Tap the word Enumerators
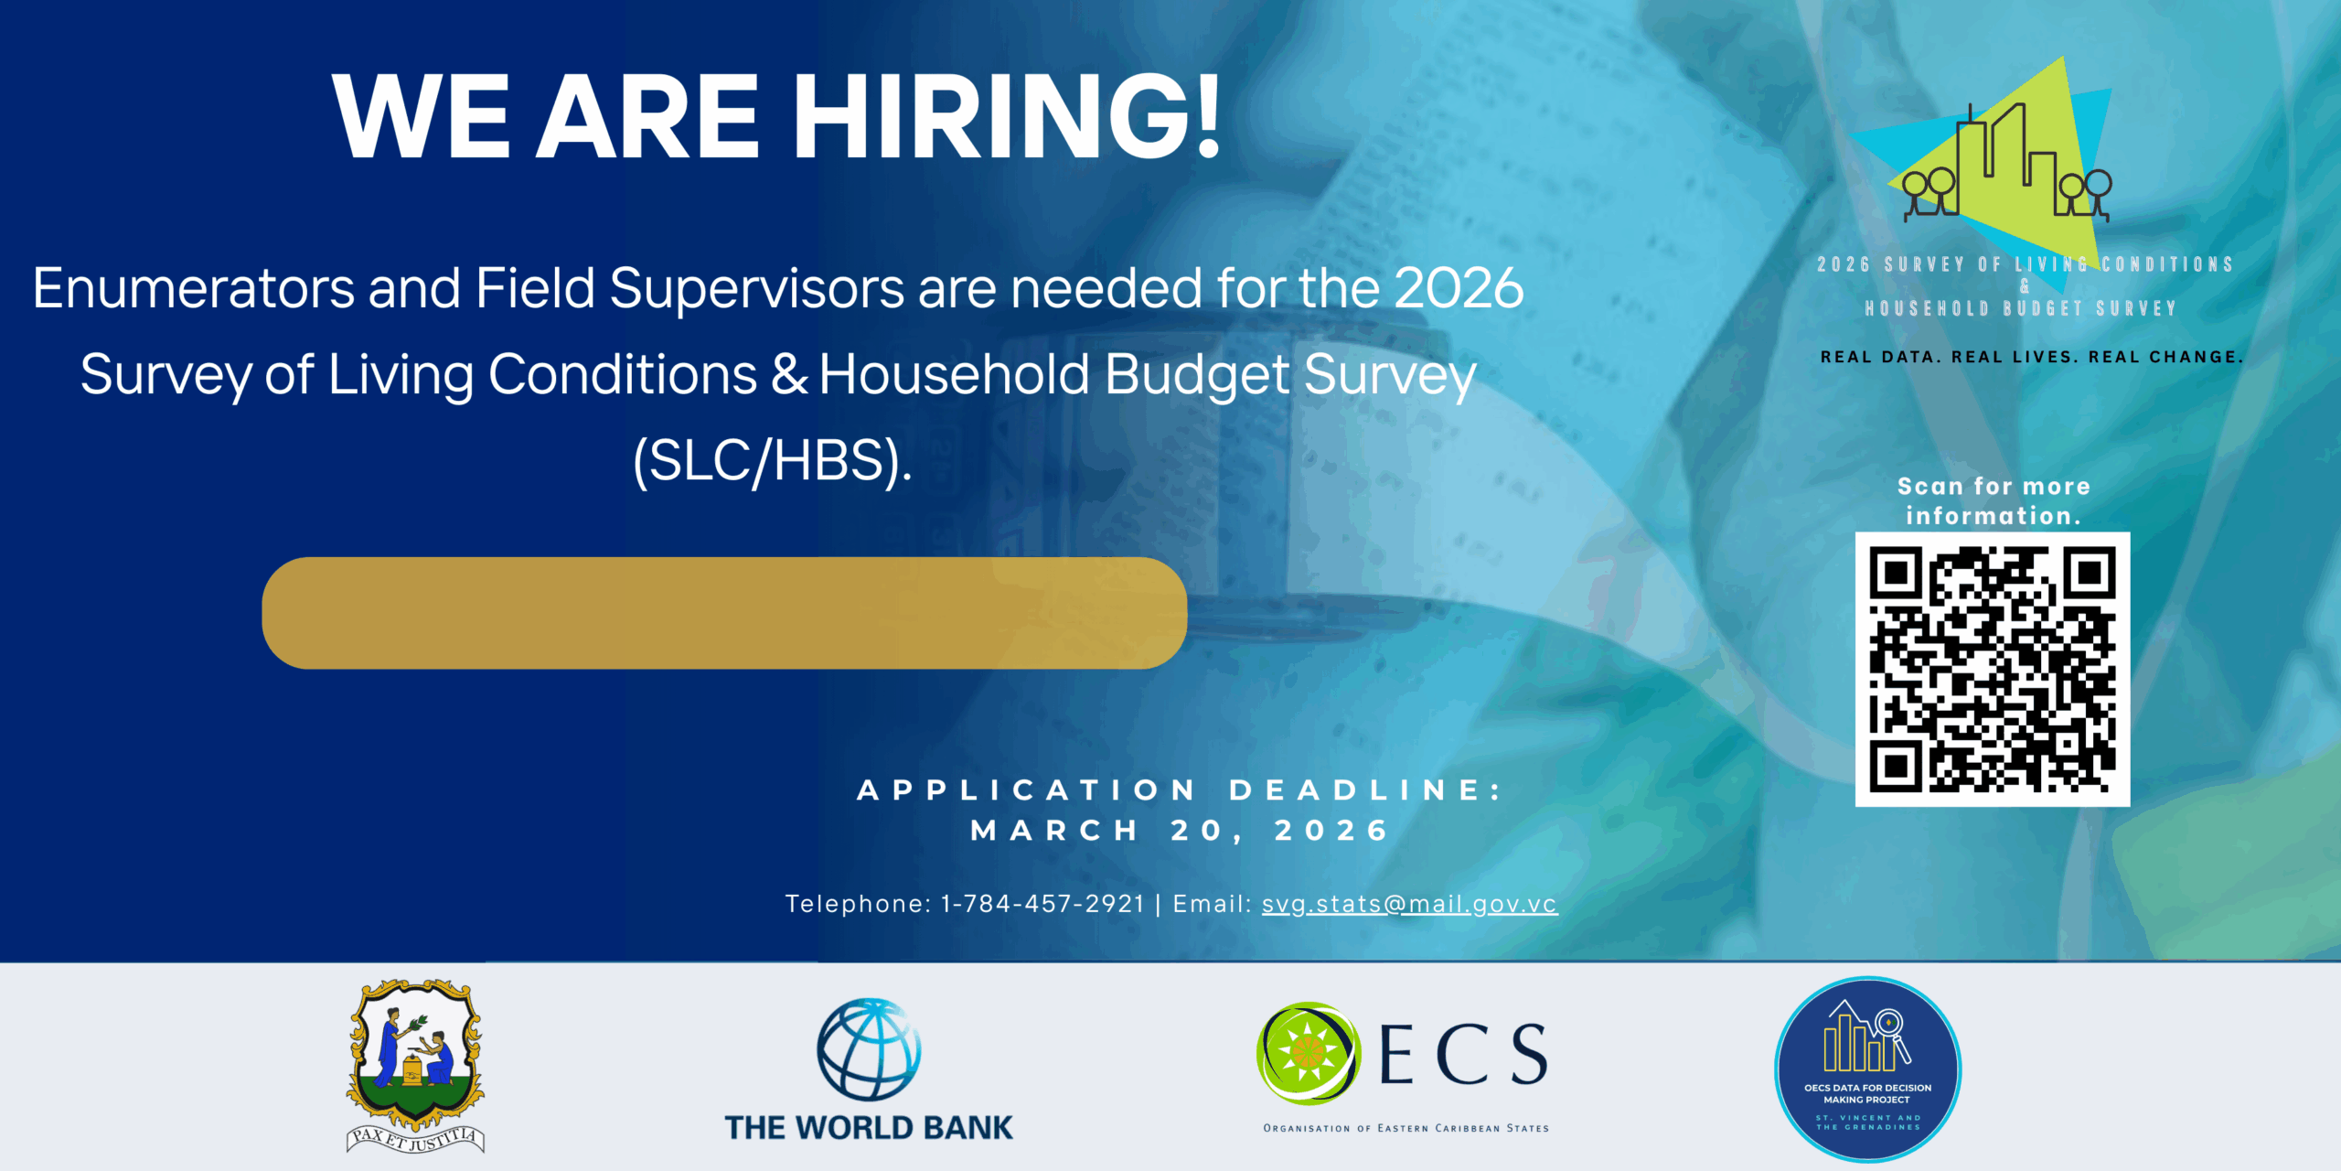tap(194, 288)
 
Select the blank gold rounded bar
tap(724, 613)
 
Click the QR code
tap(1993, 669)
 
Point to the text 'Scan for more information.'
tap(1994, 500)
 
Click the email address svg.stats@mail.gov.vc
tap(1409, 904)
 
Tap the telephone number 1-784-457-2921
tap(1042, 904)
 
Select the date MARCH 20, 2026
tap(1180, 831)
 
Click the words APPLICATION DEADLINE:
tap(1180, 790)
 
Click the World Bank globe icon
tap(869, 1049)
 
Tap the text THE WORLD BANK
tap(869, 1127)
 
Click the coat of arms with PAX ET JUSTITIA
tap(416, 1066)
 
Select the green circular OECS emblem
tap(1309, 1054)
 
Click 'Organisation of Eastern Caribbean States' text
tap(1406, 1128)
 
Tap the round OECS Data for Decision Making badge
tap(1867, 1069)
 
